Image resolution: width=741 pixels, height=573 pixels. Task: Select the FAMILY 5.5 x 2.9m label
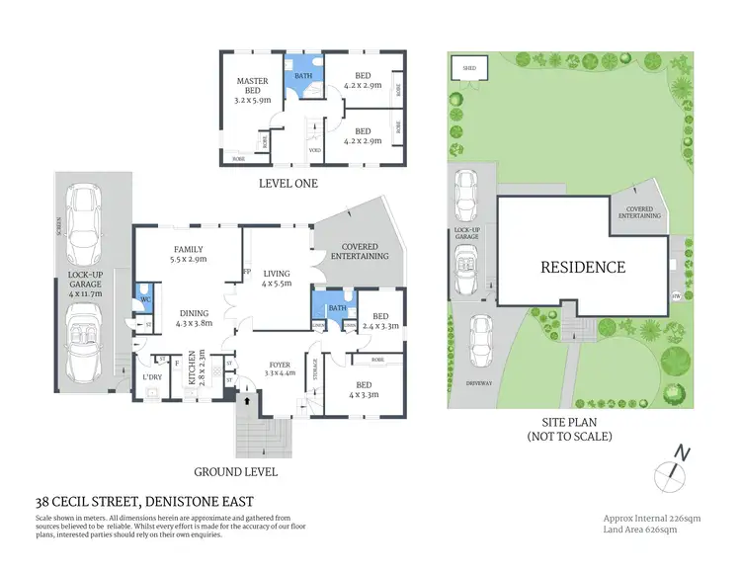188,255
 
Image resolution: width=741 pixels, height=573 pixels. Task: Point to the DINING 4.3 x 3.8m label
194,318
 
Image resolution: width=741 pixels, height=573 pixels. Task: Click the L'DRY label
152,377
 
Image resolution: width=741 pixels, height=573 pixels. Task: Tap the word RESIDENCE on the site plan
582,267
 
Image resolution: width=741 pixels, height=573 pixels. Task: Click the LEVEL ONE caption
288,184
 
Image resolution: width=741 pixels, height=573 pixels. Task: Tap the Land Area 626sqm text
639,530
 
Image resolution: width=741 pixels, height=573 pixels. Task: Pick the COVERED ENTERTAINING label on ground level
353,250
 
